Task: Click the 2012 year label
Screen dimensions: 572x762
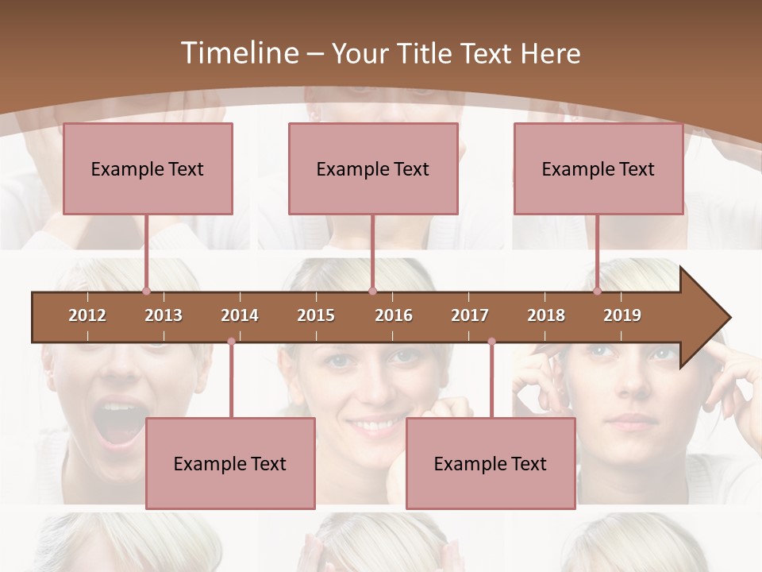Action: coord(87,315)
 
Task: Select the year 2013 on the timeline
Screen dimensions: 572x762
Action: coord(164,315)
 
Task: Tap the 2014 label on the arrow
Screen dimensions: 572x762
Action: coord(240,315)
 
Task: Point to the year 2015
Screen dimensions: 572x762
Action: coord(316,315)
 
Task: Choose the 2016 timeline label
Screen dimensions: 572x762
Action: coord(394,315)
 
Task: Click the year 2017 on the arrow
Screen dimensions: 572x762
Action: coord(470,315)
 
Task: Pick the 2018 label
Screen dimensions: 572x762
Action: coord(546,315)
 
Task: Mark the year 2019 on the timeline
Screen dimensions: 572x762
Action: coord(622,315)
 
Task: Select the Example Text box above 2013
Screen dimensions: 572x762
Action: coord(148,168)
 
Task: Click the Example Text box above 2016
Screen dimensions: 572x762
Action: coord(373,168)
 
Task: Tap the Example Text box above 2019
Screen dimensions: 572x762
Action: coord(598,168)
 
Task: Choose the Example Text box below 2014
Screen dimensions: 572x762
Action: coord(230,463)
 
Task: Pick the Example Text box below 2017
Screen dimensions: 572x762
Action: coord(491,463)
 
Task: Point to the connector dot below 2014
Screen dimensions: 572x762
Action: coord(231,342)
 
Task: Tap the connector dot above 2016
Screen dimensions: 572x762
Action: coord(372,291)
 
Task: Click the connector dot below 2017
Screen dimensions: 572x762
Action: coord(491,342)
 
